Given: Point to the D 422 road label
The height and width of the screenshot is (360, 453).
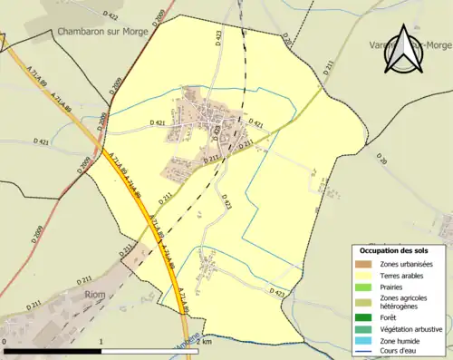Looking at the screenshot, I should click(x=111, y=15).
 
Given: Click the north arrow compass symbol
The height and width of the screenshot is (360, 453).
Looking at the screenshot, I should click(x=402, y=50).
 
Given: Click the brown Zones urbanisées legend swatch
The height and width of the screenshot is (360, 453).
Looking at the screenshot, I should click(x=366, y=263).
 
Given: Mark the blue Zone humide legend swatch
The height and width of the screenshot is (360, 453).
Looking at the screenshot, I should click(x=366, y=340).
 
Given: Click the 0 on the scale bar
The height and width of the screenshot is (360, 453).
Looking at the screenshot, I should click(x=6, y=341).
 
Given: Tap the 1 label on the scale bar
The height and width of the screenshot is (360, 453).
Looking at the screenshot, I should click(x=101, y=341).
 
